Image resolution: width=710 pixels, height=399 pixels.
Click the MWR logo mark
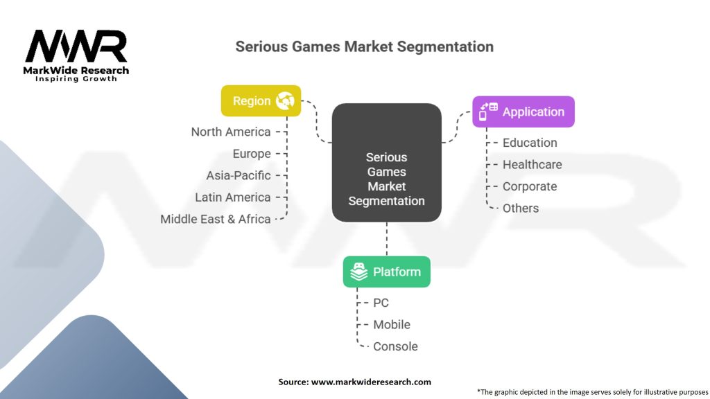[76, 46]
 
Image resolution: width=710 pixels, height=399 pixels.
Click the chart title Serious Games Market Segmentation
[365, 46]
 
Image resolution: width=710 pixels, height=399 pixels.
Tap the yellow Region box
[261, 101]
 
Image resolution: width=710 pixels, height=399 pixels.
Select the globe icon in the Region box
[285, 100]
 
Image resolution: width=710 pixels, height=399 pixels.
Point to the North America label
[231, 132]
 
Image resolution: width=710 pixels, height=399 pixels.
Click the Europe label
[252, 154]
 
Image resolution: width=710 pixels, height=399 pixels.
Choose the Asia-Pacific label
[239, 175]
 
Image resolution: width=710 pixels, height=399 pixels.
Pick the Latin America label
[233, 197]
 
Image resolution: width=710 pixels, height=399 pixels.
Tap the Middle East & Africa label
[216, 219]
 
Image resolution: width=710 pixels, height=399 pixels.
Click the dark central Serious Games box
[387, 162]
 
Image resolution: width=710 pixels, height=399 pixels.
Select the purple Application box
[523, 112]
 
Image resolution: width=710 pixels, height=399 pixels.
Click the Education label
[530, 143]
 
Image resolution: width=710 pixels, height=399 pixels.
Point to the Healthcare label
[532, 165]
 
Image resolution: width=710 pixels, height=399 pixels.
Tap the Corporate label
[530, 186]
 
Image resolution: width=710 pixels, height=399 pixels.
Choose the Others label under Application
[521, 208]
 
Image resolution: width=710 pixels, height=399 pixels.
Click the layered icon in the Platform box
[359, 272]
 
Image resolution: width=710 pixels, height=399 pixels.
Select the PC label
[381, 303]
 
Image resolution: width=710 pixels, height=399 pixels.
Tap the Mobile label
[392, 324]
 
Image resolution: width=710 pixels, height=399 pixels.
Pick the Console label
[395, 346]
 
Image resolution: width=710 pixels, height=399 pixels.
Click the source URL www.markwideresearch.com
[372, 382]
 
